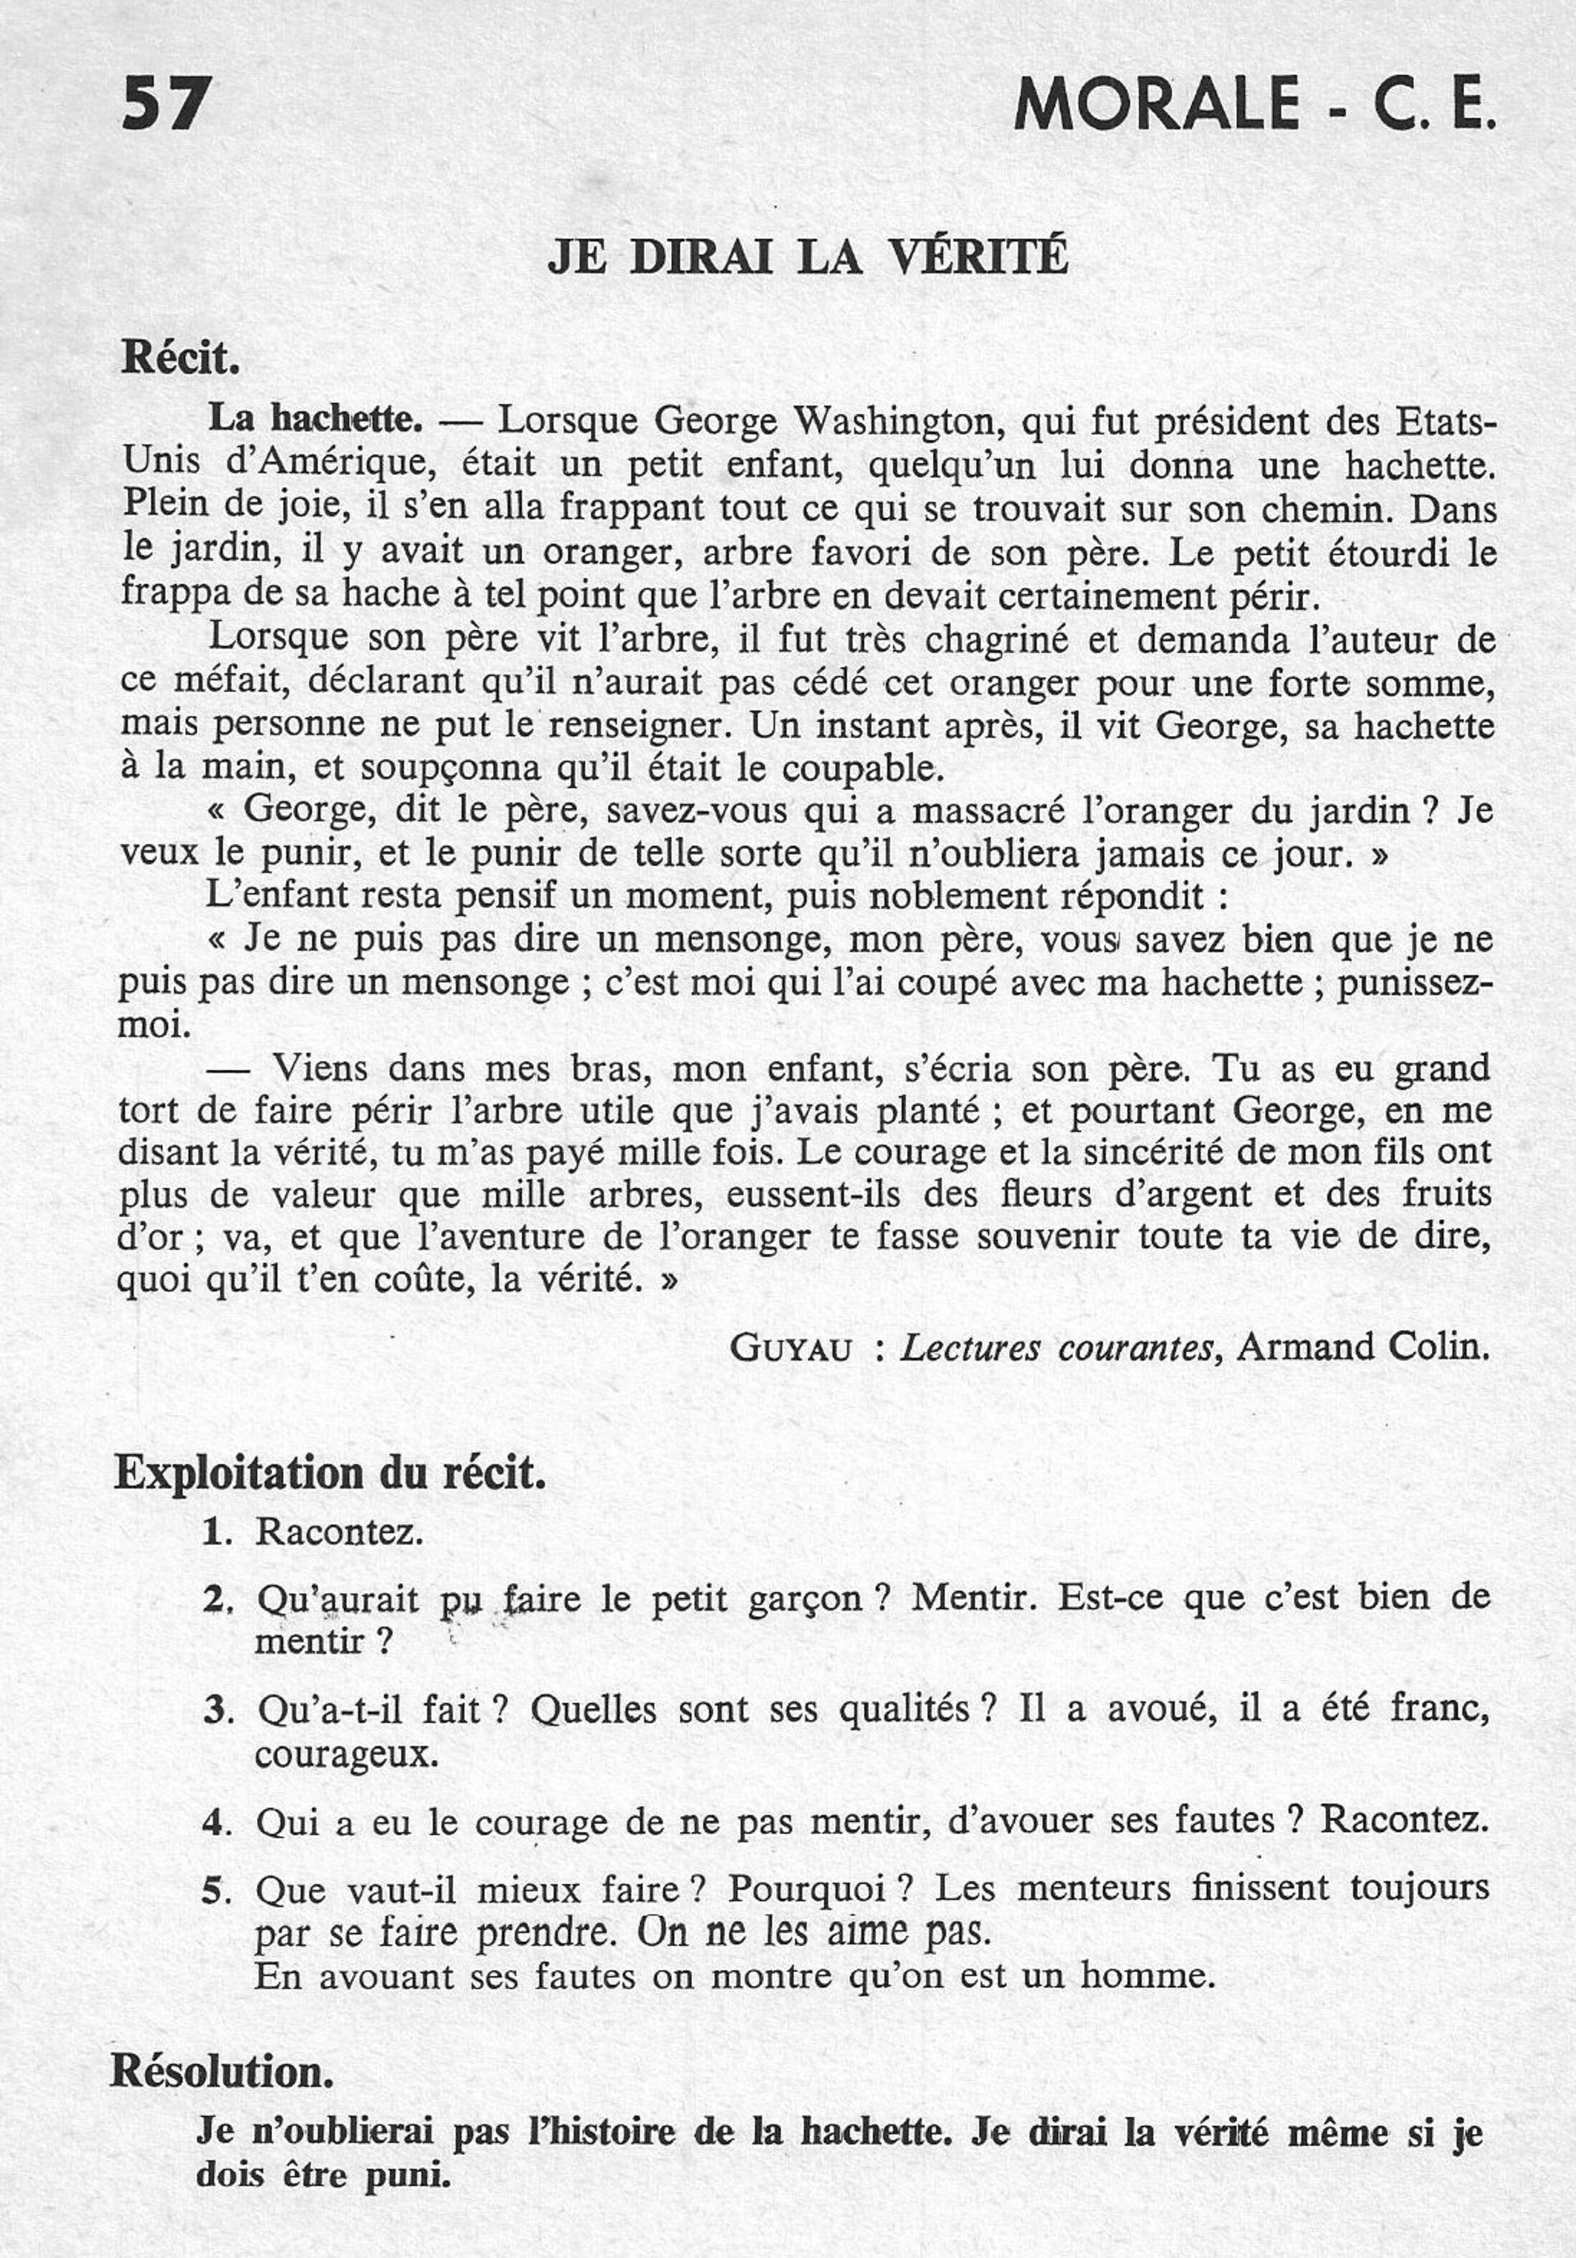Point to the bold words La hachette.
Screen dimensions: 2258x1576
point(314,420)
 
